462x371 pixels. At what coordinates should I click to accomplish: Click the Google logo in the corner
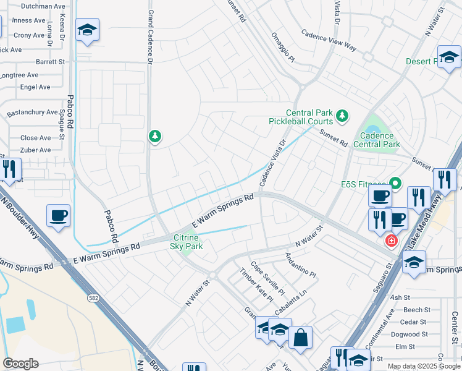click(21, 364)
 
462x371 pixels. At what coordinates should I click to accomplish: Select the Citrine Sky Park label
click(186, 242)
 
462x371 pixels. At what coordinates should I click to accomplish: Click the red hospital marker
click(390, 241)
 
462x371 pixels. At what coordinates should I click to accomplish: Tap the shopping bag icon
click(300, 338)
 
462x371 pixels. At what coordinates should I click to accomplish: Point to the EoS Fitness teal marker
click(395, 184)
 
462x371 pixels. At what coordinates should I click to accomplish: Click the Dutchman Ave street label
click(43, 6)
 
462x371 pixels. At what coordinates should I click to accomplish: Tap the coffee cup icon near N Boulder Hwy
click(59, 216)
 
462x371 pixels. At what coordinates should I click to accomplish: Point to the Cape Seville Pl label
click(266, 280)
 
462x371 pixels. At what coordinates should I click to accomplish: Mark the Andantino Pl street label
click(300, 265)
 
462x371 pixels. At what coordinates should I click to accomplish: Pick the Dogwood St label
click(413, 335)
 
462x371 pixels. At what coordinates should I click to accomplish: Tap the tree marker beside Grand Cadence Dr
click(155, 136)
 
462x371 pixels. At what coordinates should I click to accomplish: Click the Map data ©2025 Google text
click(422, 366)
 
